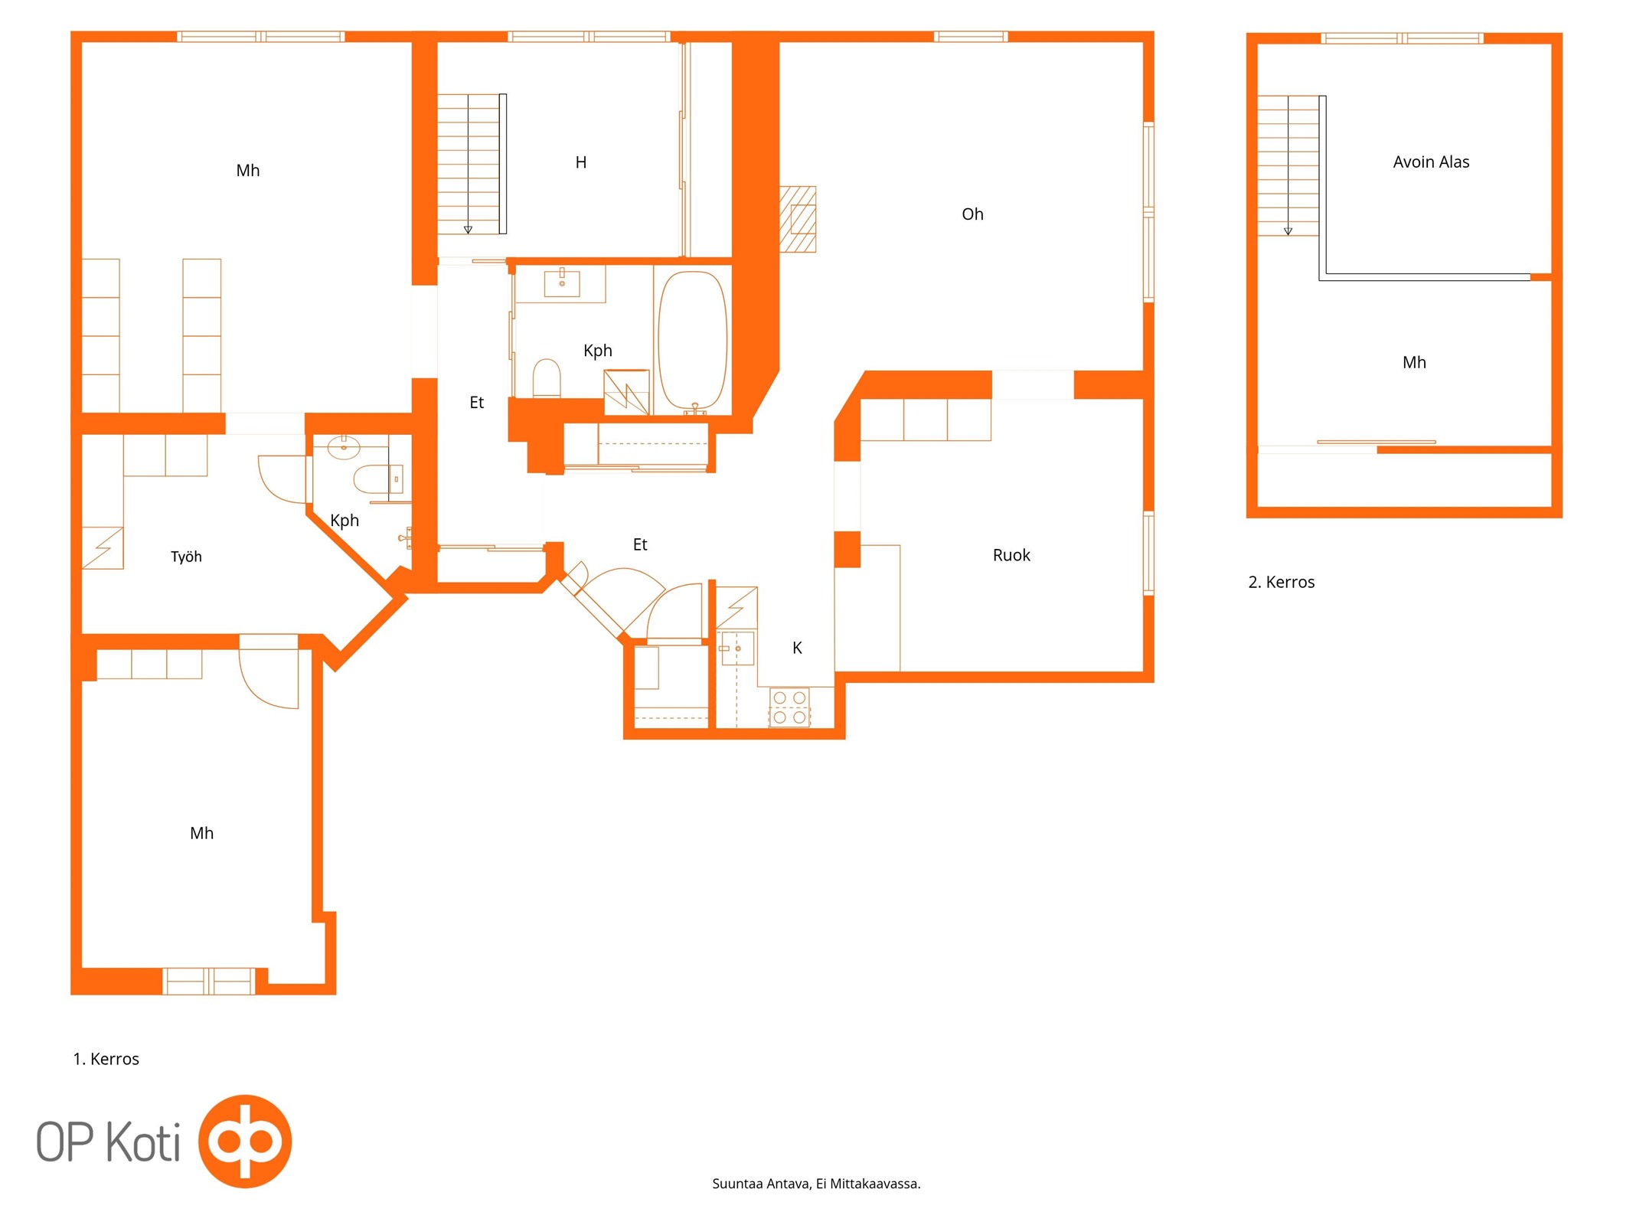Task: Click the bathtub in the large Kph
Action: pyautogui.click(x=692, y=341)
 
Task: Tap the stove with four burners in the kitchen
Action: pyautogui.click(x=789, y=707)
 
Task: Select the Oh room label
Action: pyautogui.click(x=972, y=214)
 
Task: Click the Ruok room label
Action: pyautogui.click(x=1011, y=555)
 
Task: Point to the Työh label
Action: pyautogui.click(x=186, y=557)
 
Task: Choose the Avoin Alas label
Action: pyautogui.click(x=1431, y=162)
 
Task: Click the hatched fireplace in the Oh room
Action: pyautogui.click(x=798, y=219)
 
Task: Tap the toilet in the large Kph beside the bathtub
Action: pyautogui.click(x=547, y=377)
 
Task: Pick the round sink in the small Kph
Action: pyautogui.click(x=344, y=447)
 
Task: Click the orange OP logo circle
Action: pyautogui.click(x=245, y=1141)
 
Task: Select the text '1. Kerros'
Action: pyautogui.click(x=106, y=1059)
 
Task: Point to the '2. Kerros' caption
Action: pyautogui.click(x=1281, y=582)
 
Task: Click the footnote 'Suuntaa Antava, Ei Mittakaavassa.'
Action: pyautogui.click(x=816, y=1184)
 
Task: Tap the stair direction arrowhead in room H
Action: pyautogui.click(x=468, y=230)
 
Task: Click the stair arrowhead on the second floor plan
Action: pyautogui.click(x=1288, y=231)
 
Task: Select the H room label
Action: pyautogui.click(x=581, y=162)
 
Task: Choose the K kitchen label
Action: pyautogui.click(x=797, y=648)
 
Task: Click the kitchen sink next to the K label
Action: pyautogui.click(x=737, y=648)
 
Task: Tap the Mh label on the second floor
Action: pyautogui.click(x=1414, y=362)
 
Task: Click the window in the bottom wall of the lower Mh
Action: pyautogui.click(x=208, y=981)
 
